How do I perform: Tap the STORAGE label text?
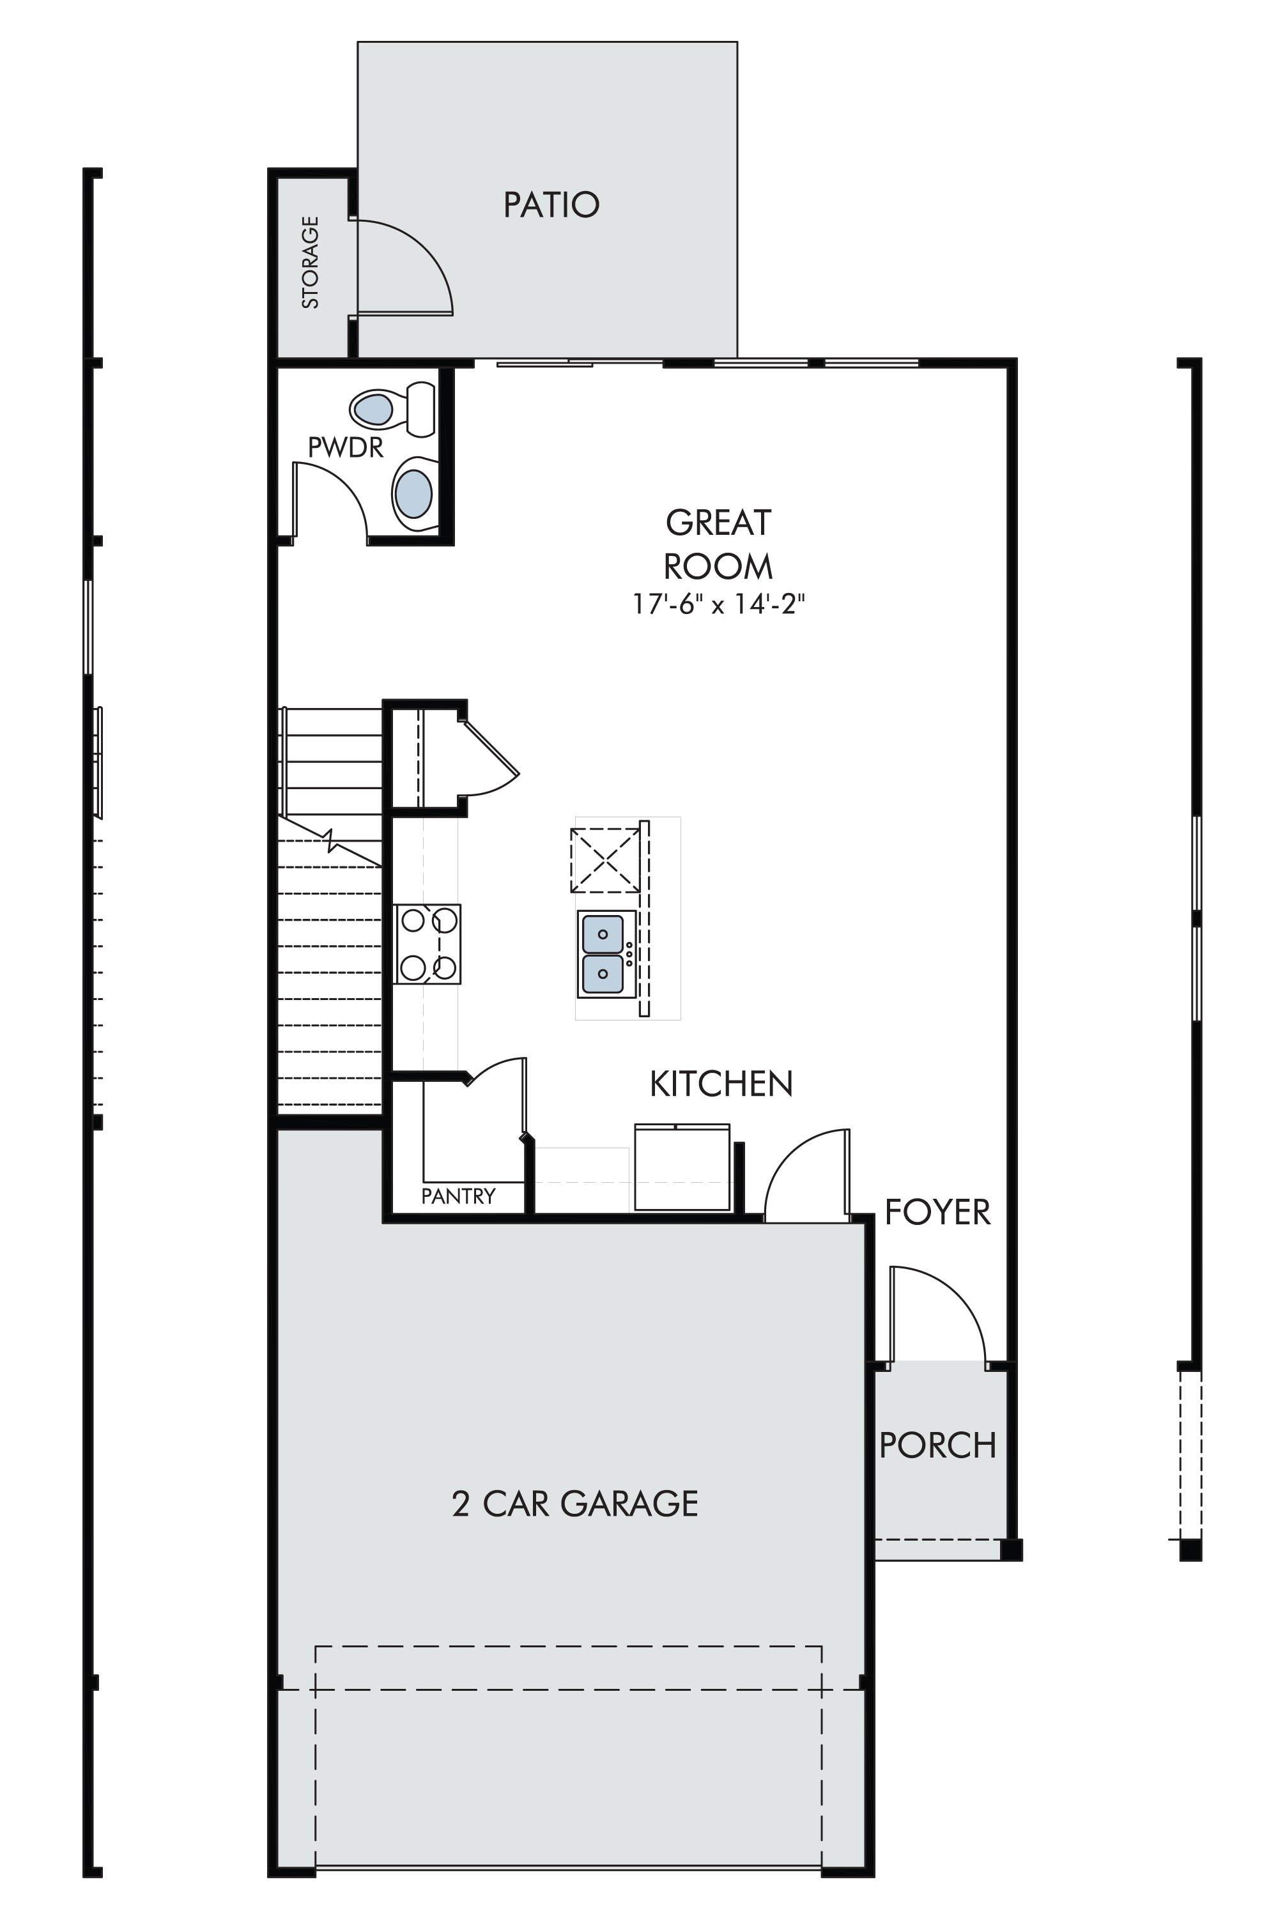tap(311, 263)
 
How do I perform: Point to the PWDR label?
tap(346, 447)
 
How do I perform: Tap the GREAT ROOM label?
tap(718, 544)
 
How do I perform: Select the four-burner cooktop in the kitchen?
tap(427, 944)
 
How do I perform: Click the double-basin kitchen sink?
tap(606, 953)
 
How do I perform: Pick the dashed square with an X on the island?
tap(604, 860)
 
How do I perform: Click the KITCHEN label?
tap(721, 1084)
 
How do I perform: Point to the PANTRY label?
tap(458, 1196)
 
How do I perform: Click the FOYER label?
tap(937, 1212)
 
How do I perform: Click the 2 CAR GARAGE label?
tap(574, 1504)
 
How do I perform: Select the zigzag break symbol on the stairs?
tap(331, 840)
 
